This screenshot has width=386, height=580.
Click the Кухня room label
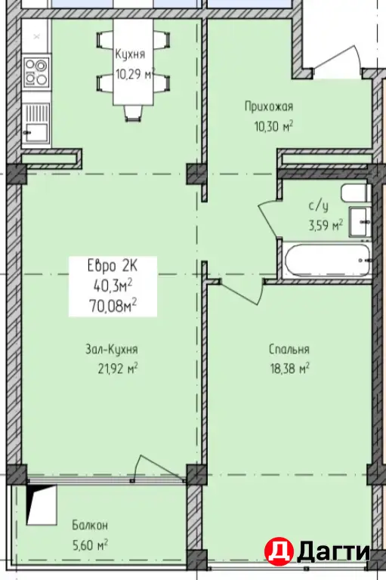pyautogui.click(x=130, y=54)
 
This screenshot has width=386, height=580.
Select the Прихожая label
pyautogui.click(x=269, y=106)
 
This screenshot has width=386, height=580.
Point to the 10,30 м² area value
pyautogui.click(x=273, y=127)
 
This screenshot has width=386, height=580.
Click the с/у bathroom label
pyautogui.click(x=319, y=205)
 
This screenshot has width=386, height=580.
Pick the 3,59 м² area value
pyautogui.click(x=326, y=225)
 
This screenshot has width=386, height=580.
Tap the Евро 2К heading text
pyautogui.click(x=113, y=265)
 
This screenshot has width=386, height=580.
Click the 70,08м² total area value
pyautogui.click(x=113, y=306)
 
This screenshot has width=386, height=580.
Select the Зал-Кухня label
pyautogui.click(x=111, y=349)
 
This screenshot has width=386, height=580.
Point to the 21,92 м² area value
pyautogui.click(x=118, y=369)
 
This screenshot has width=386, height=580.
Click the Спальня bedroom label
pyautogui.click(x=289, y=349)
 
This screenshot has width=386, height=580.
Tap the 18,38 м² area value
pyautogui.click(x=290, y=369)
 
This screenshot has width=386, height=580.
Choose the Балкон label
pyautogui.click(x=90, y=525)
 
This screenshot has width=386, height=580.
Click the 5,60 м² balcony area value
pyautogui.click(x=90, y=545)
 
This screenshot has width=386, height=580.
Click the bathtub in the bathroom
pyautogui.click(x=327, y=260)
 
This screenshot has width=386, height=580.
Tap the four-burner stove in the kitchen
pyautogui.click(x=37, y=72)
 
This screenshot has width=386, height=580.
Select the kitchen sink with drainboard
pyautogui.click(x=36, y=123)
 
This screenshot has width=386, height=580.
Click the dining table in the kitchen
pyautogui.click(x=133, y=62)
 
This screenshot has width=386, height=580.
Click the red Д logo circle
pyautogui.click(x=279, y=551)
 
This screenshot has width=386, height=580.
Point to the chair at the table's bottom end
pyautogui.click(x=133, y=113)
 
